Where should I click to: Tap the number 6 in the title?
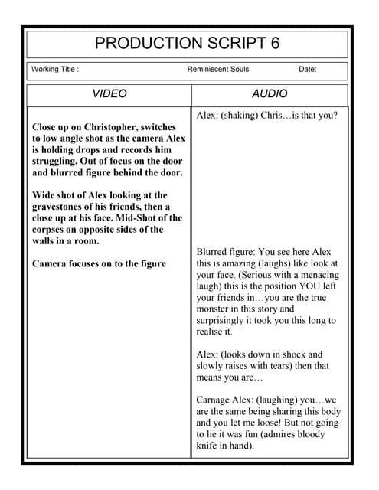275,43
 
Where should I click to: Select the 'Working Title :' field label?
55,70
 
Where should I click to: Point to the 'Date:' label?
308,70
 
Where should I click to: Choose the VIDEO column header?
109,94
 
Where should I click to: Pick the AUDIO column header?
270,94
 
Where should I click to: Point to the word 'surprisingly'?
227,321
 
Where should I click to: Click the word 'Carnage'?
217,400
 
